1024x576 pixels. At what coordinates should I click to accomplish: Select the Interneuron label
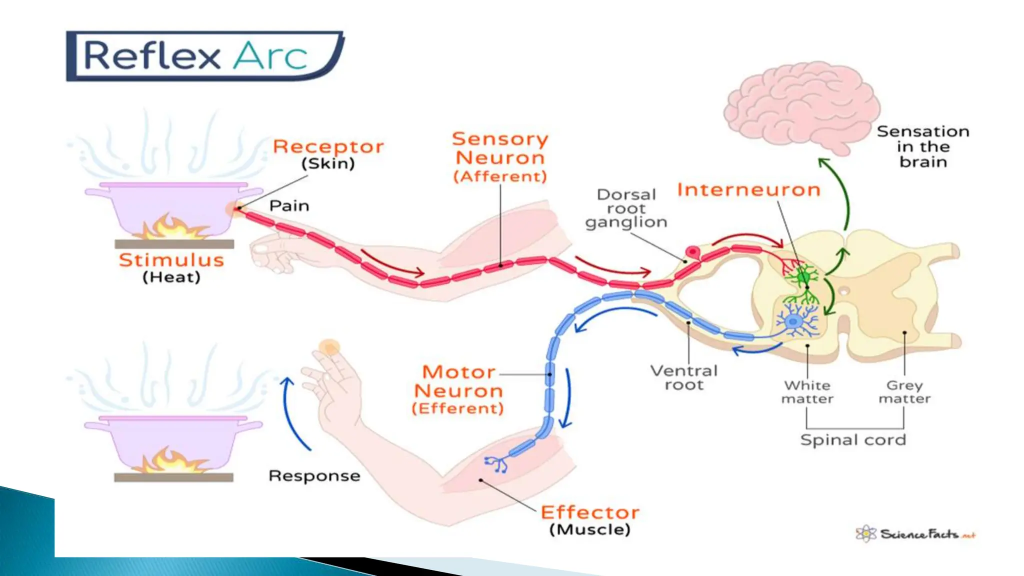pos(748,190)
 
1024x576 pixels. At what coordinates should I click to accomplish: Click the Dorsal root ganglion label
pos(626,208)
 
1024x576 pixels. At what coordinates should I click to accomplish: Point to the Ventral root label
pos(683,377)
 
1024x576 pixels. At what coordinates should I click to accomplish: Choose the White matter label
pos(807,392)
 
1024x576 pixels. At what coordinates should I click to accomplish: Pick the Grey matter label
pos(904,392)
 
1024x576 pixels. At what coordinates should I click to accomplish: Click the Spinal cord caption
pos(853,440)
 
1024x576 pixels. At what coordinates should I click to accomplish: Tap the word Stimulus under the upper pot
pos(171,260)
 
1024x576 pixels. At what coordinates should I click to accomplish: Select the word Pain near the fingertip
pos(289,206)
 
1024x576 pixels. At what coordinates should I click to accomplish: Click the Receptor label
pos(328,147)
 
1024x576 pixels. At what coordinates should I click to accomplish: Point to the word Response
pos(314,475)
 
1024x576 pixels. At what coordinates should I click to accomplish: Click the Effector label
pos(590,512)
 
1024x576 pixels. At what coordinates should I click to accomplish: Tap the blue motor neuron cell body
pos(793,321)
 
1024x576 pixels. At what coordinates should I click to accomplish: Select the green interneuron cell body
pos(803,276)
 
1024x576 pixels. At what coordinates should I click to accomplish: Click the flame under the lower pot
pos(172,460)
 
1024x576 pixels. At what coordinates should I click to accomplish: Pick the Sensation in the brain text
pos(923,146)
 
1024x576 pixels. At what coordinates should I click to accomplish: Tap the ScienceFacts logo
pos(915,534)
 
